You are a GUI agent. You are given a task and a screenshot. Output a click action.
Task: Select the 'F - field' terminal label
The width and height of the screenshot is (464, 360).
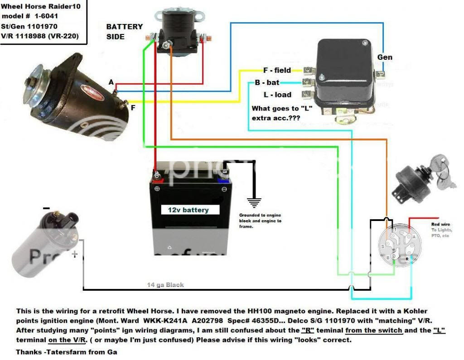click(x=277, y=71)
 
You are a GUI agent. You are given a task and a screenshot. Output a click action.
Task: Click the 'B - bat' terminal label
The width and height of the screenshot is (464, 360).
click(x=267, y=82)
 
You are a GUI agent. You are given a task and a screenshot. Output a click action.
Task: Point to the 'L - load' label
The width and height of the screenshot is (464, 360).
click(x=277, y=95)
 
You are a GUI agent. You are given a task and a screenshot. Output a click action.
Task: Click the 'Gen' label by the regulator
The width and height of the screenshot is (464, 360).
click(x=385, y=58)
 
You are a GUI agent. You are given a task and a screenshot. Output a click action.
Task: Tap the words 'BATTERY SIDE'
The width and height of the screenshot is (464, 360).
click(x=124, y=31)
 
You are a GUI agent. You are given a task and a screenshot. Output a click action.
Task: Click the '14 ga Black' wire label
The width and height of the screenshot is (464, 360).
click(x=165, y=285)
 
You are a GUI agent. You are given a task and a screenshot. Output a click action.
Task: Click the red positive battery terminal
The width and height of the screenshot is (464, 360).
click(x=157, y=175)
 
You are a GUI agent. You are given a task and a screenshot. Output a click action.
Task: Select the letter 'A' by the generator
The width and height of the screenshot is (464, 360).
click(x=111, y=82)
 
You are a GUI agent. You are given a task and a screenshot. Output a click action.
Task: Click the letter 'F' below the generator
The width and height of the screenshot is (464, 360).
click(x=133, y=108)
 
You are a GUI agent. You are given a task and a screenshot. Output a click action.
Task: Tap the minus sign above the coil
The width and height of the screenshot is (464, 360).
click(x=46, y=208)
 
